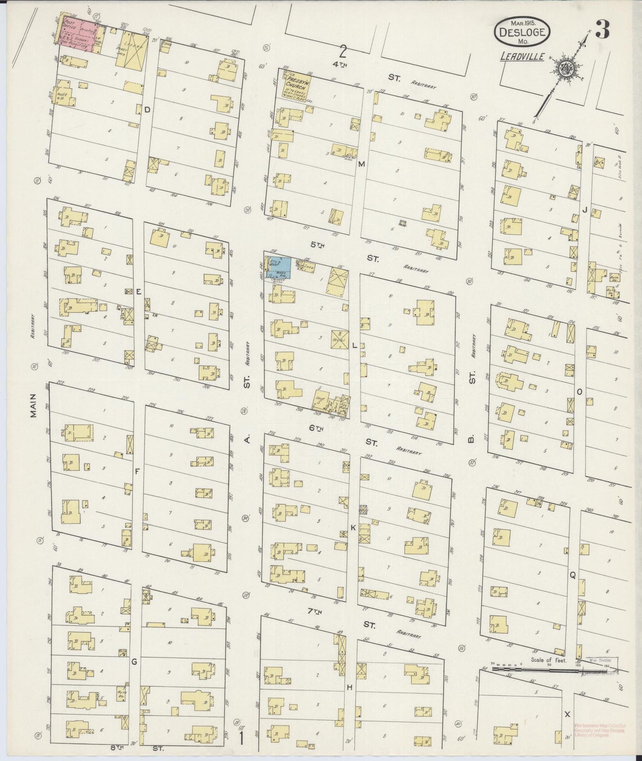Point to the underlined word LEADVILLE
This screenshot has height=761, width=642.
(518, 56)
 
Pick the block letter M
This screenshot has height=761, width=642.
(361, 164)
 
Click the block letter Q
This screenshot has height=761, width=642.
(573, 575)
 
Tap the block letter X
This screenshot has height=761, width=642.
(567, 714)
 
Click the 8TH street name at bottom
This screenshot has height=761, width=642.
(116, 748)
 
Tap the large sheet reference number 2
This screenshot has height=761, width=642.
(343, 52)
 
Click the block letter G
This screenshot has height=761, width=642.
(133, 662)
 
